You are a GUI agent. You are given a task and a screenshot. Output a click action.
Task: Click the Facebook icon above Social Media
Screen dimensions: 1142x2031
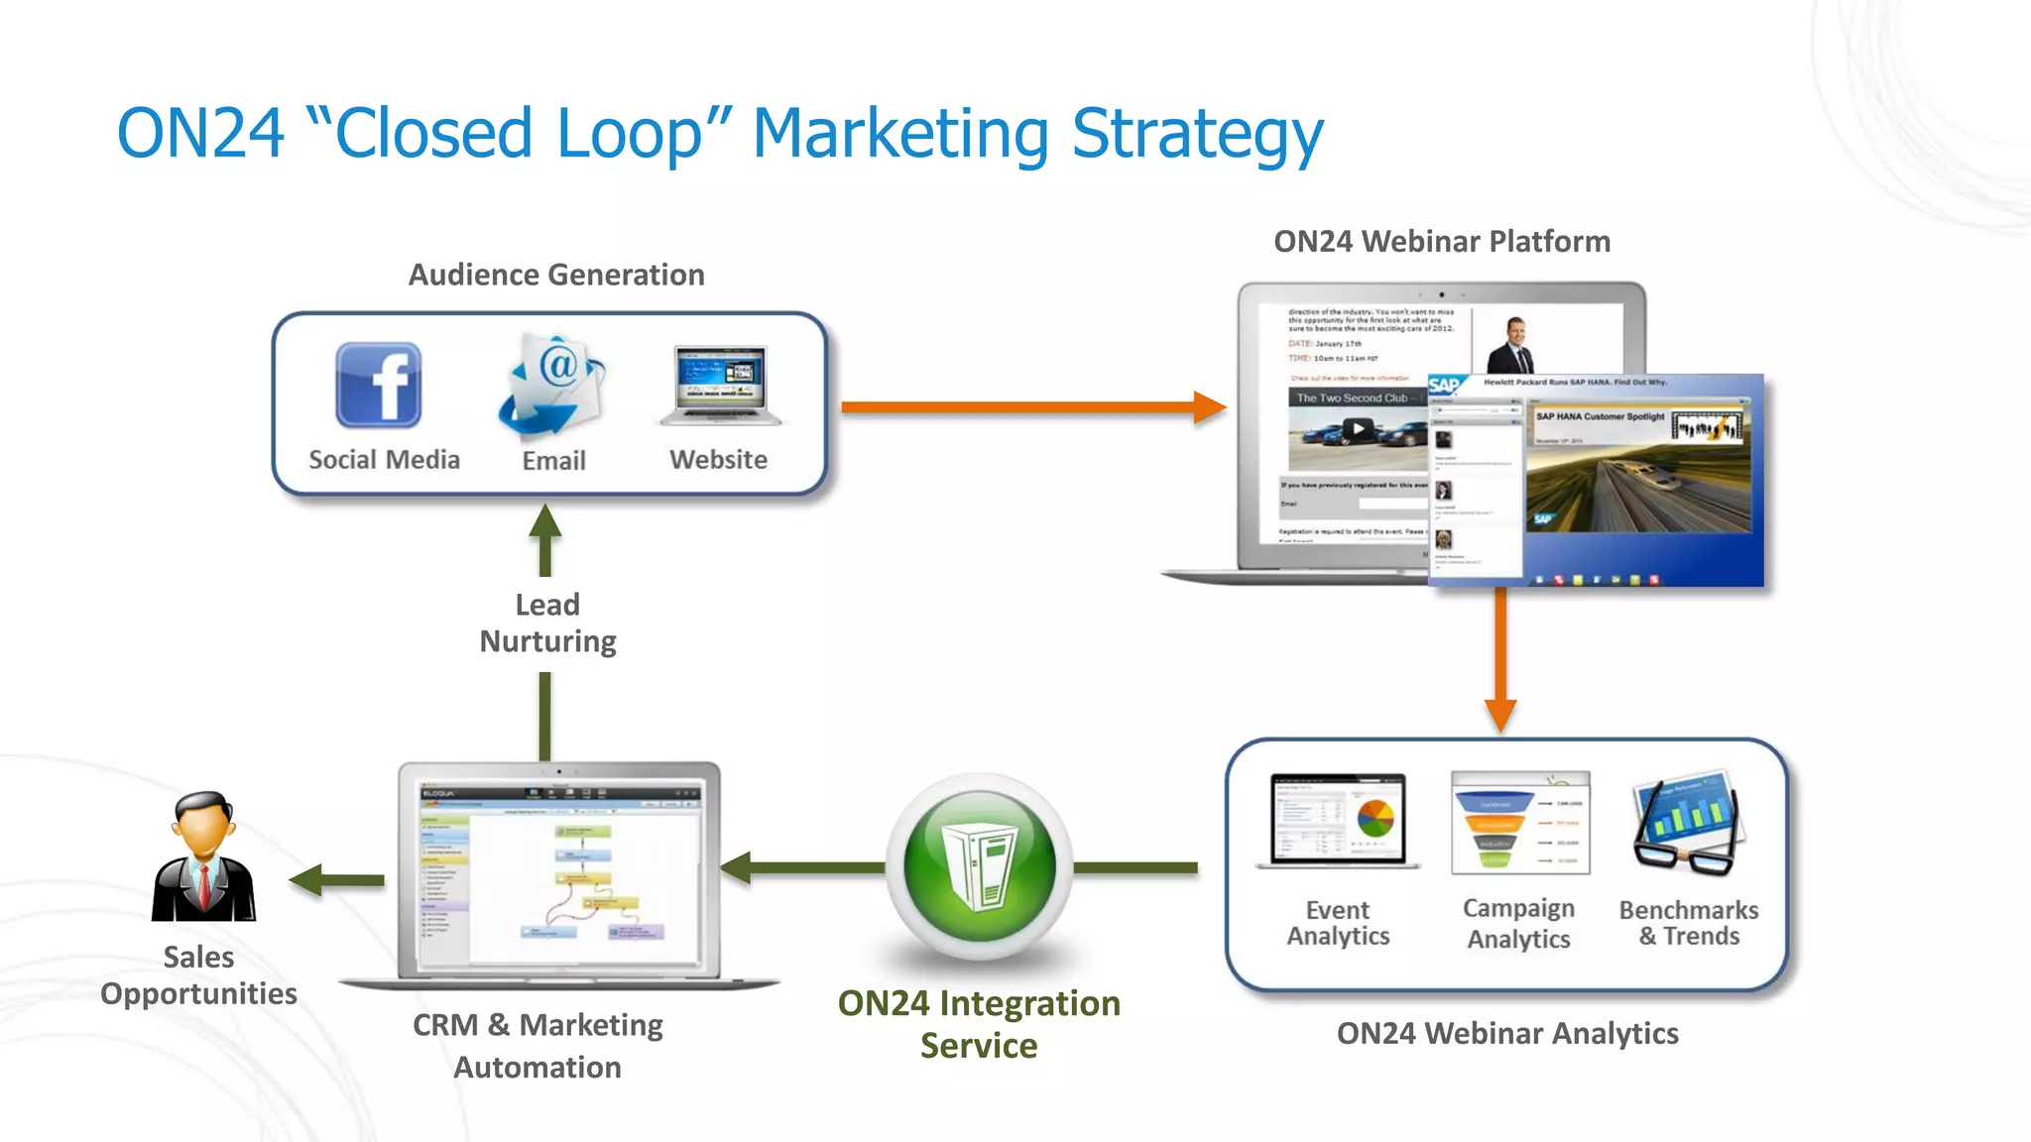point(379,386)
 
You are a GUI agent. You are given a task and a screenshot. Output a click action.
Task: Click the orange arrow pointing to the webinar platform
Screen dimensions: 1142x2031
point(1031,406)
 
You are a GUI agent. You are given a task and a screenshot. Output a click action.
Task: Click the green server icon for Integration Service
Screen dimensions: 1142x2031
point(979,866)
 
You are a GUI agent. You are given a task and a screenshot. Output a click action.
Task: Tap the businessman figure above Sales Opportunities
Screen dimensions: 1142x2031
point(203,857)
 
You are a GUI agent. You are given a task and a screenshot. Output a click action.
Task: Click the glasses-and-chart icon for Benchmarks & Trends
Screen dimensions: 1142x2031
point(1687,823)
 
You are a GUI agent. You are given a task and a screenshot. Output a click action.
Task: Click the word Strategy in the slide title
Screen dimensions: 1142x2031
point(1197,134)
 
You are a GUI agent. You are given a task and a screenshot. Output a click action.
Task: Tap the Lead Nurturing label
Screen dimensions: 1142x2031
point(547,623)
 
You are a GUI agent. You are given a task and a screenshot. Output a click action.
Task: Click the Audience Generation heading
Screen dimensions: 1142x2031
point(556,275)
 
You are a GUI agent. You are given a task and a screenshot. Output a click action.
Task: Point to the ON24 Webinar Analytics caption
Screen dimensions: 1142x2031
point(1506,1033)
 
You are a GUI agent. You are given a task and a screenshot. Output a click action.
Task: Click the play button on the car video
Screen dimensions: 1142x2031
point(1358,429)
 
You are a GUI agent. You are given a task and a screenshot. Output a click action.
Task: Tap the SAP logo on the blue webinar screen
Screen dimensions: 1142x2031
point(1444,386)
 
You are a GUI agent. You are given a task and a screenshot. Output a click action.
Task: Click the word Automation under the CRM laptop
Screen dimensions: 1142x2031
point(538,1067)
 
